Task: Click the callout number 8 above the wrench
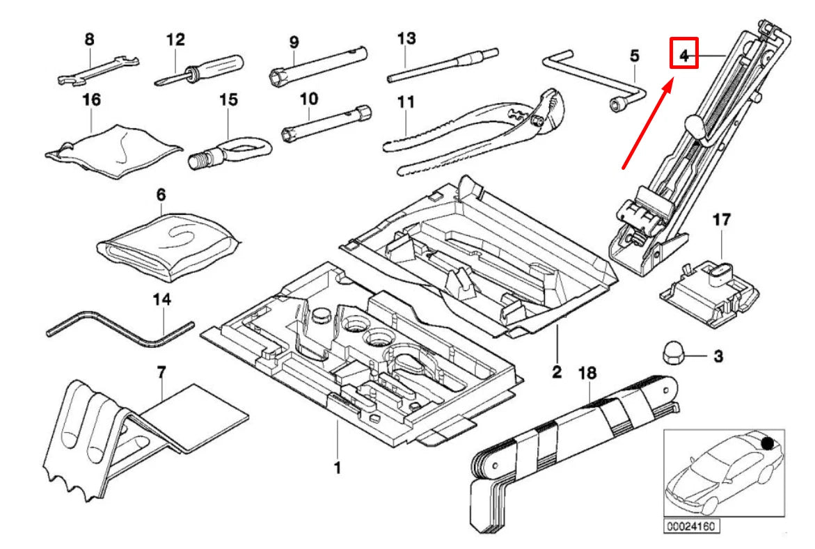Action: pos(89,40)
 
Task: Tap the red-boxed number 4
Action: pos(683,54)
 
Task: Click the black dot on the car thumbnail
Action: pos(768,443)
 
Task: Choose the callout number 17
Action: pos(721,221)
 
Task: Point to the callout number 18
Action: pos(587,374)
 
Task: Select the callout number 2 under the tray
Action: pos(556,372)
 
